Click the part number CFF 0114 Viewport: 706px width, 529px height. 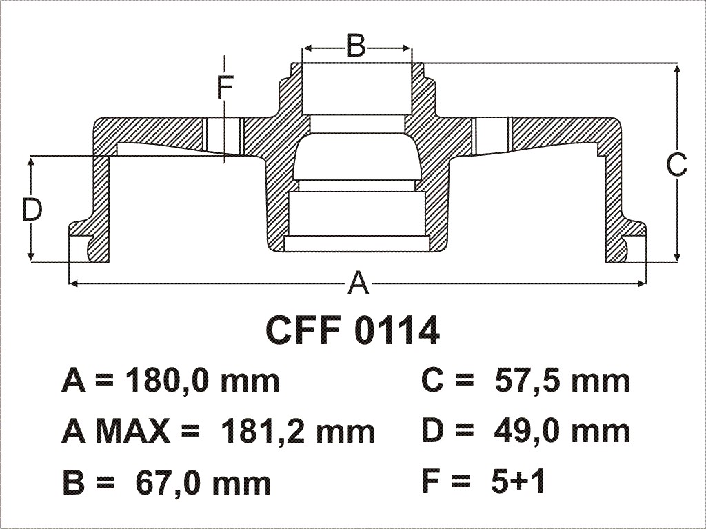(x=352, y=330)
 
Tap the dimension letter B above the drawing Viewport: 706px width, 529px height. (x=356, y=46)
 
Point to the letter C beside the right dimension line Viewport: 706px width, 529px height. (x=677, y=164)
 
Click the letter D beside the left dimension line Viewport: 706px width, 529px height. (x=32, y=210)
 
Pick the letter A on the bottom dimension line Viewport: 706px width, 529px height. (x=359, y=283)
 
